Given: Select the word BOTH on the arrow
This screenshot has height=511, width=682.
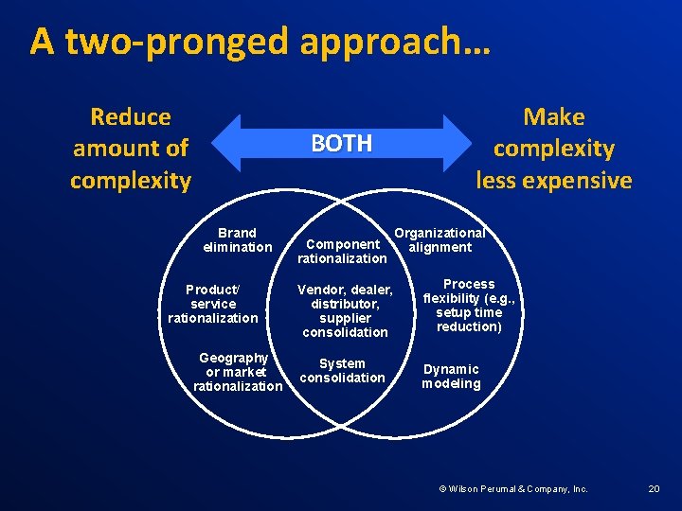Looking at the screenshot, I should (342, 143).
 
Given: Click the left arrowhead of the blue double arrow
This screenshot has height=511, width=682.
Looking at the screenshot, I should (225, 143).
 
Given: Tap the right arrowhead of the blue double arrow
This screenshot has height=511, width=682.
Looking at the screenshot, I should (458, 143).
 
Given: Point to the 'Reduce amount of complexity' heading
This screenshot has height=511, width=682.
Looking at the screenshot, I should (131, 149).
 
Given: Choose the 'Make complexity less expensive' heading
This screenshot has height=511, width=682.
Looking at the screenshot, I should (554, 149).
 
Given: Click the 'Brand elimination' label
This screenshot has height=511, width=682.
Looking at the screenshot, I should (237, 239).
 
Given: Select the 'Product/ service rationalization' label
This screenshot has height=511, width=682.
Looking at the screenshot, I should (213, 304).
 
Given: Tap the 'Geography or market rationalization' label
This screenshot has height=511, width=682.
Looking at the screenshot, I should (237, 372).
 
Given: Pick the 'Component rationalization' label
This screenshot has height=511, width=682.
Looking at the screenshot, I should (342, 251).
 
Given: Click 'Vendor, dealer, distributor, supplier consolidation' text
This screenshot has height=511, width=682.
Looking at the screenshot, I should (345, 310).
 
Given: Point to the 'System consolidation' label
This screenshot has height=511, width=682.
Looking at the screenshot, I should (342, 370).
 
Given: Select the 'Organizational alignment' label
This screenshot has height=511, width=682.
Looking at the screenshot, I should (440, 240).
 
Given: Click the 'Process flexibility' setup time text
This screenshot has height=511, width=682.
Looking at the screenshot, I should (469, 305).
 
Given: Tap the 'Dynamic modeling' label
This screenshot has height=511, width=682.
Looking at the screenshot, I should (451, 377).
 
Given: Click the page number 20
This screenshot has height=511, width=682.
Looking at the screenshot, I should (654, 488).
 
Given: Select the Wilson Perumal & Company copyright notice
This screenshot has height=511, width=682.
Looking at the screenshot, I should (512, 488).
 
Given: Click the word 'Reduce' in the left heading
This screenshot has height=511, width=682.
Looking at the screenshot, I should (131, 117).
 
